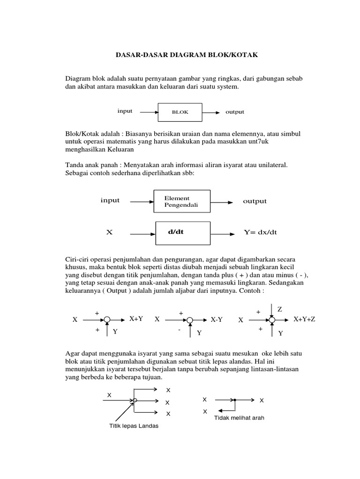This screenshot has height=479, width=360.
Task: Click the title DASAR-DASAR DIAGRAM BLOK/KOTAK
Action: pyautogui.click(x=187, y=55)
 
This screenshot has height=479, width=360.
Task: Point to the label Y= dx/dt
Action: pyautogui.click(x=260, y=232)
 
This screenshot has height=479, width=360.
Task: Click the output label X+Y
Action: pyautogui.click(x=136, y=319)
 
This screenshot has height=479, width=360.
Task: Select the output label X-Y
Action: pyautogui.click(x=217, y=320)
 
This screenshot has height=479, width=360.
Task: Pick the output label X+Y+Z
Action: pyautogui.click(x=304, y=319)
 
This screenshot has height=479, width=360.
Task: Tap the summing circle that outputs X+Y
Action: pyautogui.click(x=107, y=320)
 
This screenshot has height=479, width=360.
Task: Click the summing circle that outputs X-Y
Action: pyautogui.click(x=190, y=320)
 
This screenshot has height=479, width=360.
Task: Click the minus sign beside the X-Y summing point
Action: pyautogui.click(x=179, y=330)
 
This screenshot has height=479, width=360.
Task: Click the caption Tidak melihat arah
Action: pyautogui.click(x=239, y=418)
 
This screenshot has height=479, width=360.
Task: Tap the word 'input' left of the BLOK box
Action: pyautogui.click(x=125, y=111)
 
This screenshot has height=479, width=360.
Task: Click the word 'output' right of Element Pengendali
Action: pyautogui.click(x=255, y=201)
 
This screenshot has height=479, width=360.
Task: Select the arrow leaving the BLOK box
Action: pyautogui.click(x=210, y=113)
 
